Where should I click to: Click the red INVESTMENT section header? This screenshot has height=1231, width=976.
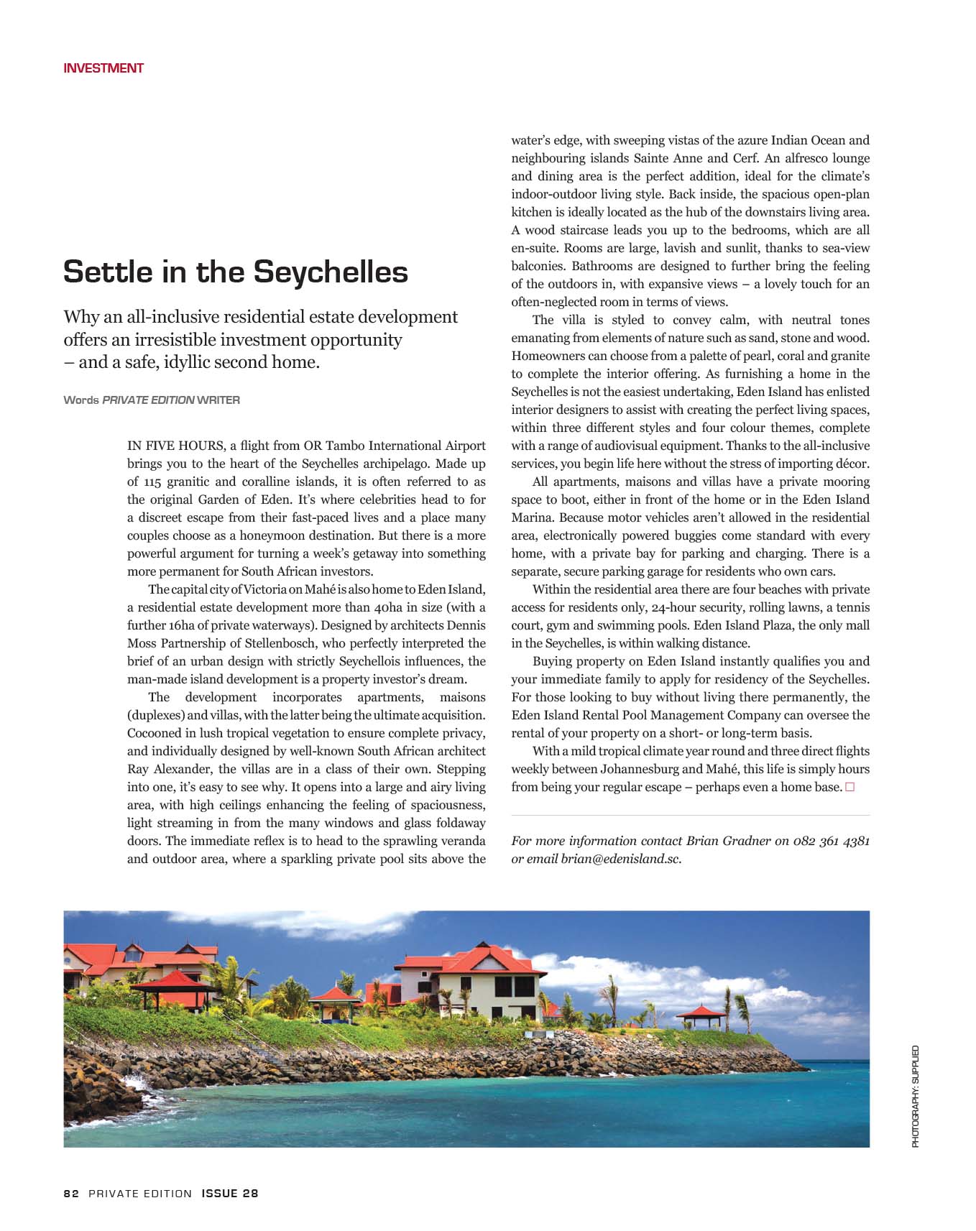click(103, 68)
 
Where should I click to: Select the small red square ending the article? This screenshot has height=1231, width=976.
click(850, 787)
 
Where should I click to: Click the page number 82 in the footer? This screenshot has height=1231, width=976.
click(71, 1194)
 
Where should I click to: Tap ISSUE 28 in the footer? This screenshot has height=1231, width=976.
click(230, 1194)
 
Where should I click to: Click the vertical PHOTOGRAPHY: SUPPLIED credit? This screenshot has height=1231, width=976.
click(916, 1096)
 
